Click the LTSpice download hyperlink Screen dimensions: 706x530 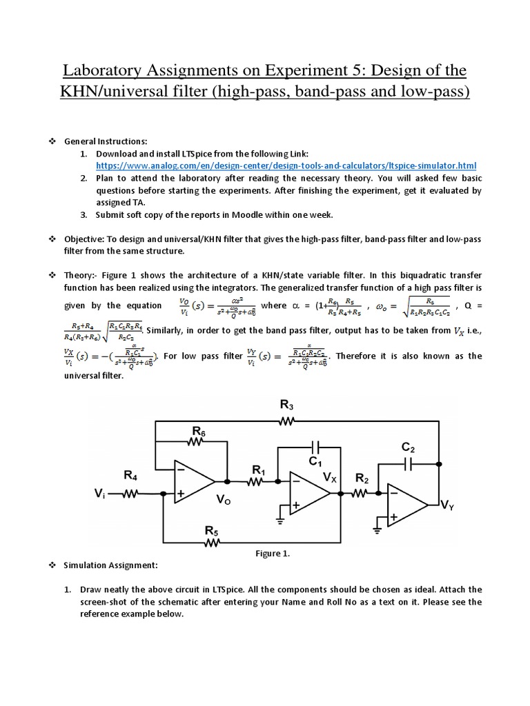[x=286, y=166]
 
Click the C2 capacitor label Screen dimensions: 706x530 [x=409, y=447]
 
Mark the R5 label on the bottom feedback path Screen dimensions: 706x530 [x=211, y=529]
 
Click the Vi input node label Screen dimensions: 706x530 [x=99, y=494]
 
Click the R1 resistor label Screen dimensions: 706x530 [x=259, y=470]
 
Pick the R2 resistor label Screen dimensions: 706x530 [x=362, y=478]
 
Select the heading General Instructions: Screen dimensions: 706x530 [x=106, y=141]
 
